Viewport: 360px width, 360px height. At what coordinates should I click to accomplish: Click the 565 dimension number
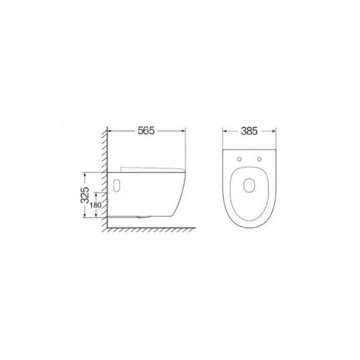click(146, 131)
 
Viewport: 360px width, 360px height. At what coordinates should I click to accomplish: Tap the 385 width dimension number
click(249, 131)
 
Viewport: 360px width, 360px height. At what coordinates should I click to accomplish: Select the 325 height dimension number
click(85, 195)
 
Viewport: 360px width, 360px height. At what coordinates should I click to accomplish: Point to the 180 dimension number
click(95, 205)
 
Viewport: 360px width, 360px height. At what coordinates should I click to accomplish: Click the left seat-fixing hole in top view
click(239, 159)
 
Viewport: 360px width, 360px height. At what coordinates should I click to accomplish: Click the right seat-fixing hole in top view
click(259, 159)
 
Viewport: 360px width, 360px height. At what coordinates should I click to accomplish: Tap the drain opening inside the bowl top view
click(250, 185)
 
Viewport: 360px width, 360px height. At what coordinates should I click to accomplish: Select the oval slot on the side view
click(116, 185)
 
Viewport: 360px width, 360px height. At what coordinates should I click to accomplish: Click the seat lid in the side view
click(152, 169)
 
